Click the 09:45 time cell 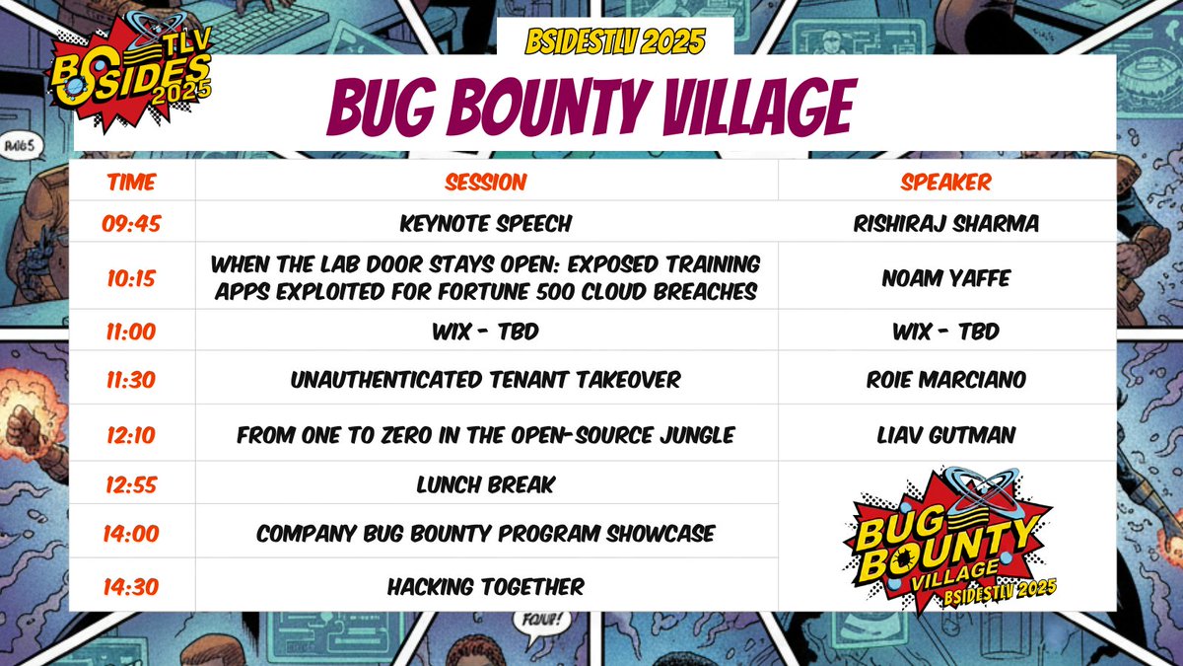131,224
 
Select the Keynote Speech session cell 485,224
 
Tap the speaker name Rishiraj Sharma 945,224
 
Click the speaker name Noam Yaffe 945,278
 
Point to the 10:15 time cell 131,278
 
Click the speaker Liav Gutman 945,435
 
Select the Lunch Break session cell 485,484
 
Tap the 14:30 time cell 131,586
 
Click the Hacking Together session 485,586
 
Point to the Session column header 485,183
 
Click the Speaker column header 945,183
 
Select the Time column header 131,183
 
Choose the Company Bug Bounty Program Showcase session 485,534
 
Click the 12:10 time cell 131,435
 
